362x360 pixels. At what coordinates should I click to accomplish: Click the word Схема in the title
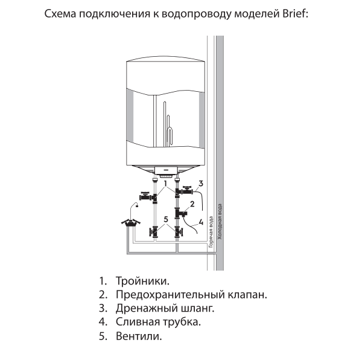[x=63, y=13]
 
